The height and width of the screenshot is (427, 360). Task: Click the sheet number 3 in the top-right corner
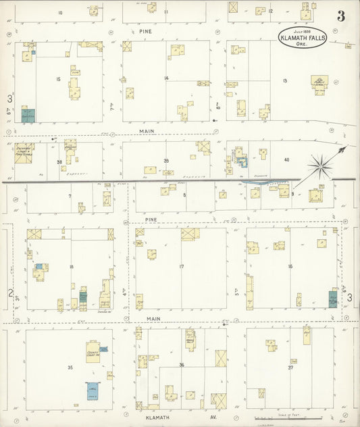341,16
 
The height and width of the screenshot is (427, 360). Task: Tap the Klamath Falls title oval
303,38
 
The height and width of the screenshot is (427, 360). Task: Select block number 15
59,80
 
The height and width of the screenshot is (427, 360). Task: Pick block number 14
165,78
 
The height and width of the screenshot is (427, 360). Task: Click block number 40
286,159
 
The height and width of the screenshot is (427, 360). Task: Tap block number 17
181,267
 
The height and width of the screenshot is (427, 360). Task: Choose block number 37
290,368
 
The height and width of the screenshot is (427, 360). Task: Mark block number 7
69,196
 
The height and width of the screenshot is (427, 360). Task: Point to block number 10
60,13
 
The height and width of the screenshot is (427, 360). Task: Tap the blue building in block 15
28,114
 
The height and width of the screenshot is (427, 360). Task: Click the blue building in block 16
332,298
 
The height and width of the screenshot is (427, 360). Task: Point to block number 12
270,11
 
